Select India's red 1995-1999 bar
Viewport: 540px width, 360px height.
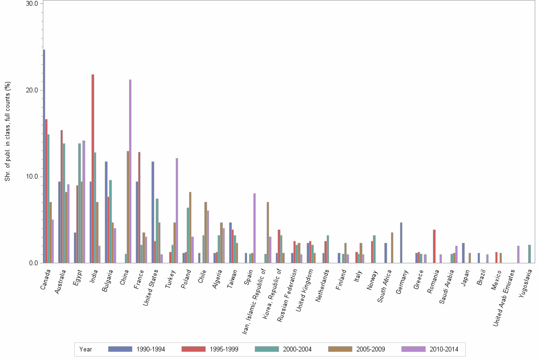click(x=93, y=169)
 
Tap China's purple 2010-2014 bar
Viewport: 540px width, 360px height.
click(x=130, y=171)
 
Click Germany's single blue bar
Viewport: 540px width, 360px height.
click(x=401, y=242)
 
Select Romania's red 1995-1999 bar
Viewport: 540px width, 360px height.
click(x=434, y=246)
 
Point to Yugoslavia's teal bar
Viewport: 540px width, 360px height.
click(x=529, y=254)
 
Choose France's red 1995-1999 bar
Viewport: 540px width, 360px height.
click(x=139, y=207)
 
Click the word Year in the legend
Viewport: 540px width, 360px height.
click(x=86, y=349)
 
